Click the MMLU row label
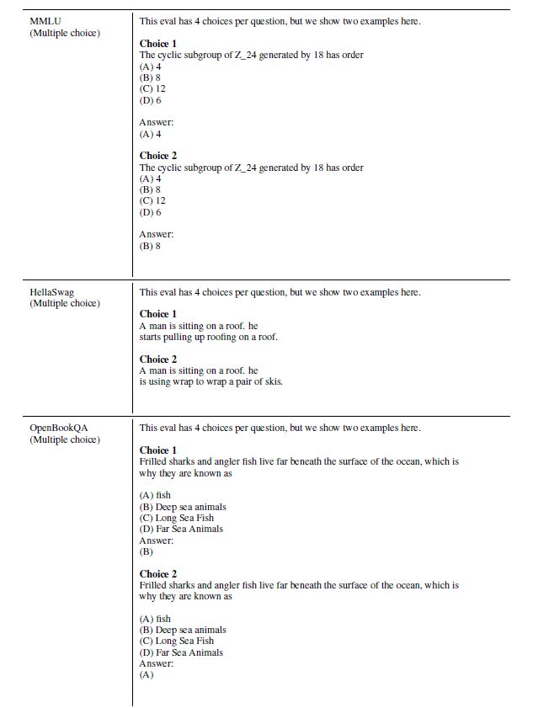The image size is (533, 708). tap(45, 21)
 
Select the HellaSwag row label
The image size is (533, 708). tap(51, 292)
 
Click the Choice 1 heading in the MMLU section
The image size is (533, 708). tap(158, 43)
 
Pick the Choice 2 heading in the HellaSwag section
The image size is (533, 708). tap(158, 359)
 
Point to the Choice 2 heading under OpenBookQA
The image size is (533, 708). tap(158, 574)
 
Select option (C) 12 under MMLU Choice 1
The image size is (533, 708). tap(152, 88)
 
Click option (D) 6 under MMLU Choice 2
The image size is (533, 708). tap(150, 212)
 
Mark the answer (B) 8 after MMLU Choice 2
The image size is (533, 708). tap(150, 246)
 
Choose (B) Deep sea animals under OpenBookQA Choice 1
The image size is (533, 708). tap(183, 507)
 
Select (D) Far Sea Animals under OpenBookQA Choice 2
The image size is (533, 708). tap(181, 652)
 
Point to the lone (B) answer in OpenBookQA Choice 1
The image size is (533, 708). tap(147, 551)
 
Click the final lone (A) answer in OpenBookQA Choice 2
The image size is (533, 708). tap(147, 675)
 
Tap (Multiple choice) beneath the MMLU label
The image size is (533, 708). tap(65, 33)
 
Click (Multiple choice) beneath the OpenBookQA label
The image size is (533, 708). tap(65, 439)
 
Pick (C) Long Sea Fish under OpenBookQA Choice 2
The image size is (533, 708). tap(177, 641)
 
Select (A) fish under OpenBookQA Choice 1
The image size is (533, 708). tap(155, 495)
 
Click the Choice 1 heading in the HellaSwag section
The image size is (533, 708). tap(158, 314)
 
